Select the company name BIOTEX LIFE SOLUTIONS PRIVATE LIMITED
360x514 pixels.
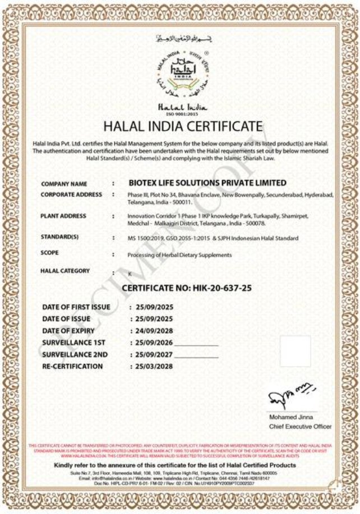[x=207, y=183]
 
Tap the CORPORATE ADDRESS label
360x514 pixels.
[x=71, y=195]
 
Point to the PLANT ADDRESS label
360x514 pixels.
[x=63, y=216]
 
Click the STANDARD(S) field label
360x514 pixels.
[x=59, y=237]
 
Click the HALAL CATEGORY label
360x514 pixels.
[x=65, y=271]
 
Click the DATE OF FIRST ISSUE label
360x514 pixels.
[x=76, y=307]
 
